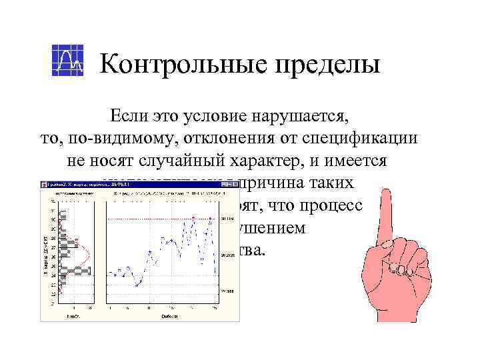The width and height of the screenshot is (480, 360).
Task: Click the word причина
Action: [267, 183]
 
